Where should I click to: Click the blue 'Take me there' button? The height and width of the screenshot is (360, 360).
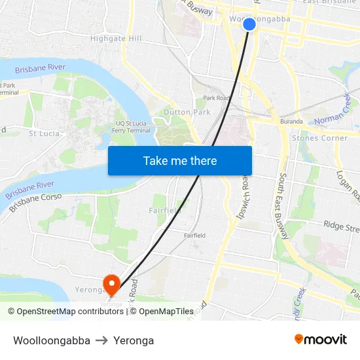(180, 160)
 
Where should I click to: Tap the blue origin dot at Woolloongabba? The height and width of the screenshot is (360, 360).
(249, 24)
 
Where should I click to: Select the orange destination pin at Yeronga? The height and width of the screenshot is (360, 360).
(112, 283)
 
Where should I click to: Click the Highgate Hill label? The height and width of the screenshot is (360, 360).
(116, 39)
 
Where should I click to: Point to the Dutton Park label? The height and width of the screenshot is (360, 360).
(187, 112)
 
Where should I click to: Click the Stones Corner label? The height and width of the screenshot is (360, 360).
(320, 138)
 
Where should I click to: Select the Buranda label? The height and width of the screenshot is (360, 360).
(291, 122)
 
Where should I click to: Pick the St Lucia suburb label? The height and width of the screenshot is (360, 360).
(44, 134)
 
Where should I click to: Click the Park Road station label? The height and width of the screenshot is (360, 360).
(216, 98)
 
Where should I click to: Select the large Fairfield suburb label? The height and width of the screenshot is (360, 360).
(164, 210)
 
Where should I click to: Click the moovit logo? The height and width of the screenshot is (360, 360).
(321, 340)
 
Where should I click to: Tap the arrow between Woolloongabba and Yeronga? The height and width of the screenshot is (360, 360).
(101, 340)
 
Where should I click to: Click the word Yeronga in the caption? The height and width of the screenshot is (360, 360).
(134, 340)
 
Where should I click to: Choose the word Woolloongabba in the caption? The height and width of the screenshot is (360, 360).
(52, 340)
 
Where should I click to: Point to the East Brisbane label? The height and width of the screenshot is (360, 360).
(329, 2)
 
